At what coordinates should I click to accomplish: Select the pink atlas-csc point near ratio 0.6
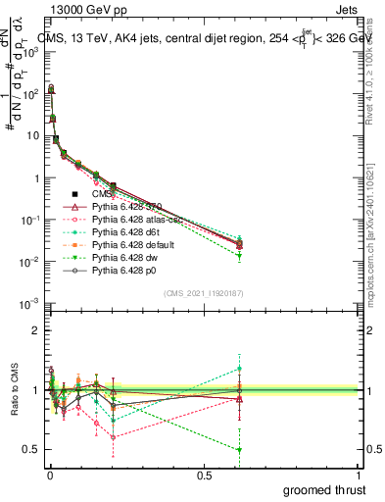(114, 436)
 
